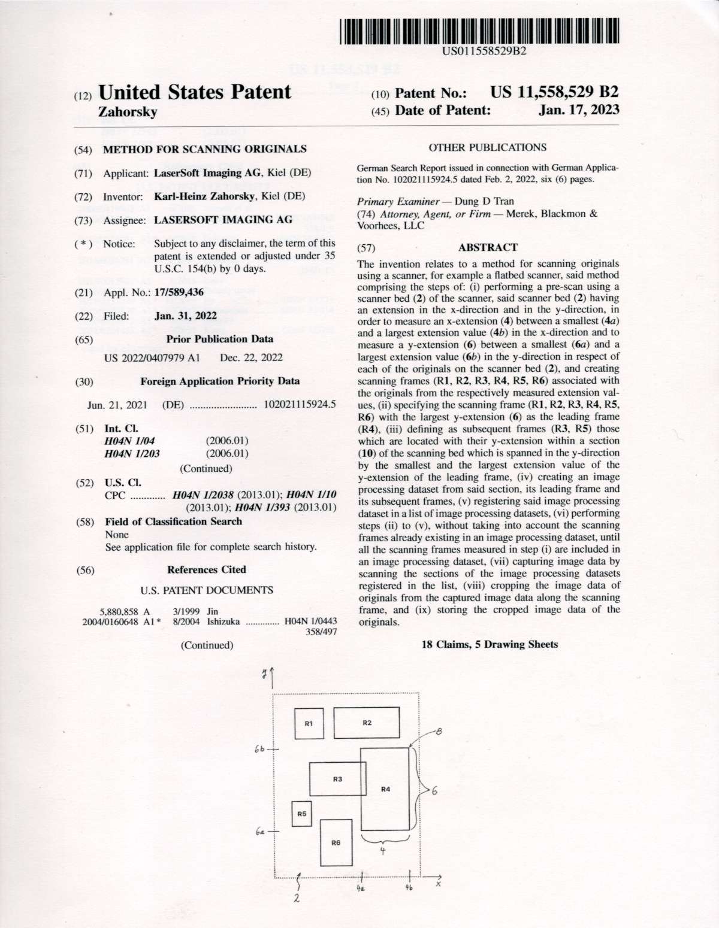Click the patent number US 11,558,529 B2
[x=554, y=92]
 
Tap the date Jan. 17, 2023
[x=579, y=110]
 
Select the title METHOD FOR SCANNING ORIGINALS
[x=205, y=149]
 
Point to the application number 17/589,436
[x=179, y=292]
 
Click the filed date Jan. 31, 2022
[x=186, y=316]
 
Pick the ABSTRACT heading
[x=488, y=247]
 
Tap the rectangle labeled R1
[x=309, y=724]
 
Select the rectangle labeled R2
[x=367, y=723]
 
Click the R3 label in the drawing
[x=337, y=779]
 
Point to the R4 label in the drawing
[x=386, y=789]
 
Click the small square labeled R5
[x=301, y=814]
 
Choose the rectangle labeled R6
[x=336, y=843]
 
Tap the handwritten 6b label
[x=259, y=748]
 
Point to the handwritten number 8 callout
[x=439, y=730]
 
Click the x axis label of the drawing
[x=439, y=882]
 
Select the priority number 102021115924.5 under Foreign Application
[x=300, y=405]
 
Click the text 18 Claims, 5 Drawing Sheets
[x=490, y=645]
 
